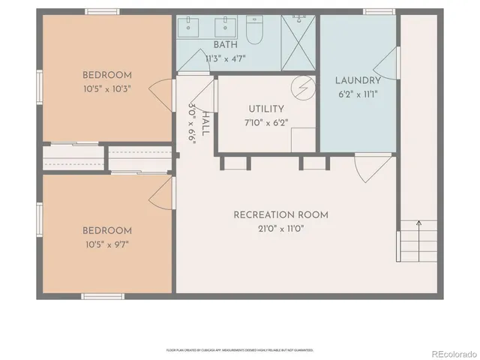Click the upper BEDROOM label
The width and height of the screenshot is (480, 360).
pos(106,75)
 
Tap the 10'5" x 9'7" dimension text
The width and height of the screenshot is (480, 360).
pos(106,243)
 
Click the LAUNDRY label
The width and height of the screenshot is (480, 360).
pos(358,80)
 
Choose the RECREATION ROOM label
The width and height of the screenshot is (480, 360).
pos(280,215)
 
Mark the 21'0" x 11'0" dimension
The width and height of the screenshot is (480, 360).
pos(280,228)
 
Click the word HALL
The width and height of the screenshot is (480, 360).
pos(205,124)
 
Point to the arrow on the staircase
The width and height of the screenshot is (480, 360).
pos(418,223)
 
